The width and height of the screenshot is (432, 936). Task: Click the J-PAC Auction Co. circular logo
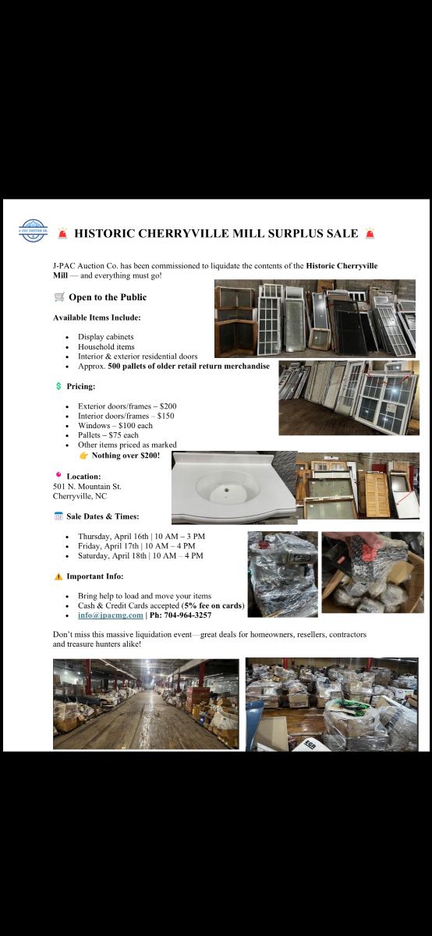coord(34,230)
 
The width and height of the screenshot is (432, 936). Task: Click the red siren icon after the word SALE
coord(370,233)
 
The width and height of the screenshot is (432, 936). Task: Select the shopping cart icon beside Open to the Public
coord(59,297)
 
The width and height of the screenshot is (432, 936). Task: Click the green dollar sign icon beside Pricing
coord(58,386)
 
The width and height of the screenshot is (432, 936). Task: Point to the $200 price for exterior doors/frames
coord(168,406)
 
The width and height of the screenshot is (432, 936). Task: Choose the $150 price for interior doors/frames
coord(166,416)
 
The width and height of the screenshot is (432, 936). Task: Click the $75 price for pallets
coord(115,435)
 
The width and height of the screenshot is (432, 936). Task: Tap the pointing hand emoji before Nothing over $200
coord(83,456)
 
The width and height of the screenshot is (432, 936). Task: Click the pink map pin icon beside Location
coord(58,475)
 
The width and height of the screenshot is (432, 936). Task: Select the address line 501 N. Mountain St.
coord(87,487)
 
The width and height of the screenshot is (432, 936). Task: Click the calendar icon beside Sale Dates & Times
coord(58,516)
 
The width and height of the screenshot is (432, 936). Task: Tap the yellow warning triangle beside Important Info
coord(58,576)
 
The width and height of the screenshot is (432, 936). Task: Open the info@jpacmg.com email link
coord(110,615)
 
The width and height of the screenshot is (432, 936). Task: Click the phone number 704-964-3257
coord(188,615)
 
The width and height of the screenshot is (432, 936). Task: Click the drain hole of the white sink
coord(225,487)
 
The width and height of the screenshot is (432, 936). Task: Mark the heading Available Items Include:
coord(97,317)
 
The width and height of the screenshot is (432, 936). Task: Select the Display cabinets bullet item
coord(106,337)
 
